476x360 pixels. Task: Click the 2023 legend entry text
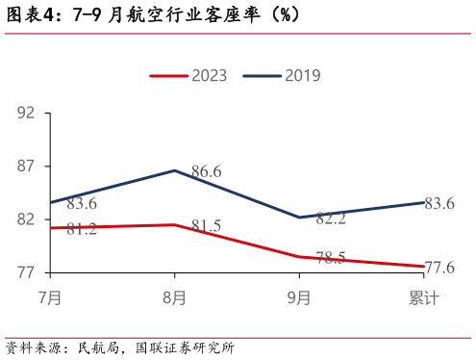tap(209, 76)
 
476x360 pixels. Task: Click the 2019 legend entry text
tap(302, 76)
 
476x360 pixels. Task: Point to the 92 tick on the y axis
tap(26, 113)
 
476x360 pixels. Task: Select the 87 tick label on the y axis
tap(26, 167)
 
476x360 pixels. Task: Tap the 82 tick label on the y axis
tap(26, 219)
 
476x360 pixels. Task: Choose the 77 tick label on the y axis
tap(26, 273)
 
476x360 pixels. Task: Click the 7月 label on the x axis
tap(50, 298)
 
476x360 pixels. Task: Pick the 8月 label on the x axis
tap(174, 298)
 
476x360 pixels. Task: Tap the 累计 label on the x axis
tap(423, 298)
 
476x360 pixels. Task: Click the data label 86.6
tap(206, 172)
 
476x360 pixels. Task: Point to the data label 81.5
tap(206, 226)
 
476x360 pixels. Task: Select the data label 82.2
tap(330, 219)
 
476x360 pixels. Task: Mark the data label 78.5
tap(330, 258)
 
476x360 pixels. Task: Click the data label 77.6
tap(438, 268)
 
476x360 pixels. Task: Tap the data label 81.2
tap(82, 229)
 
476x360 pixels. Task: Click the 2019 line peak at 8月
tap(174, 170)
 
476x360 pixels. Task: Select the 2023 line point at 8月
tap(174, 225)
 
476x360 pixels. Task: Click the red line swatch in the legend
tap(168, 76)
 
